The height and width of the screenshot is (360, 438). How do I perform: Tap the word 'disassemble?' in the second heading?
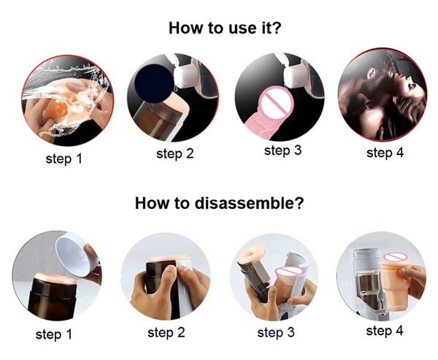(x=249, y=203)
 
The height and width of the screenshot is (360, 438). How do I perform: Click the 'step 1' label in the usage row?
(x=64, y=158)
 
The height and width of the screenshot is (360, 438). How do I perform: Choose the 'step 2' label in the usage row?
(x=175, y=154)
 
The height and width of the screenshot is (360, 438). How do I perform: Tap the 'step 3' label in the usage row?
(x=283, y=150)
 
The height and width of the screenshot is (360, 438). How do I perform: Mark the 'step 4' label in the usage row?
(x=385, y=153)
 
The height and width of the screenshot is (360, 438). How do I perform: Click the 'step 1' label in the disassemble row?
(x=53, y=334)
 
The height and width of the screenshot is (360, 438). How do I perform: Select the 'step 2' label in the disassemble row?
(x=166, y=332)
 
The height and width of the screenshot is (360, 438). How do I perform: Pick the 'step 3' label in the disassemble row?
(x=276, y=332)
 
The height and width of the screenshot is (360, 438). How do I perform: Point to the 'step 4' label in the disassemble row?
(x=385, y=331)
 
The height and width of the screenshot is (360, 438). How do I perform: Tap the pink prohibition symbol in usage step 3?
(x=276, y=103)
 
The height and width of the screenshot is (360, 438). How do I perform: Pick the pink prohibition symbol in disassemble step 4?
(x=393, y=257)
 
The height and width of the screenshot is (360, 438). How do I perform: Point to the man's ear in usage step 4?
(x=371, y=74)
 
